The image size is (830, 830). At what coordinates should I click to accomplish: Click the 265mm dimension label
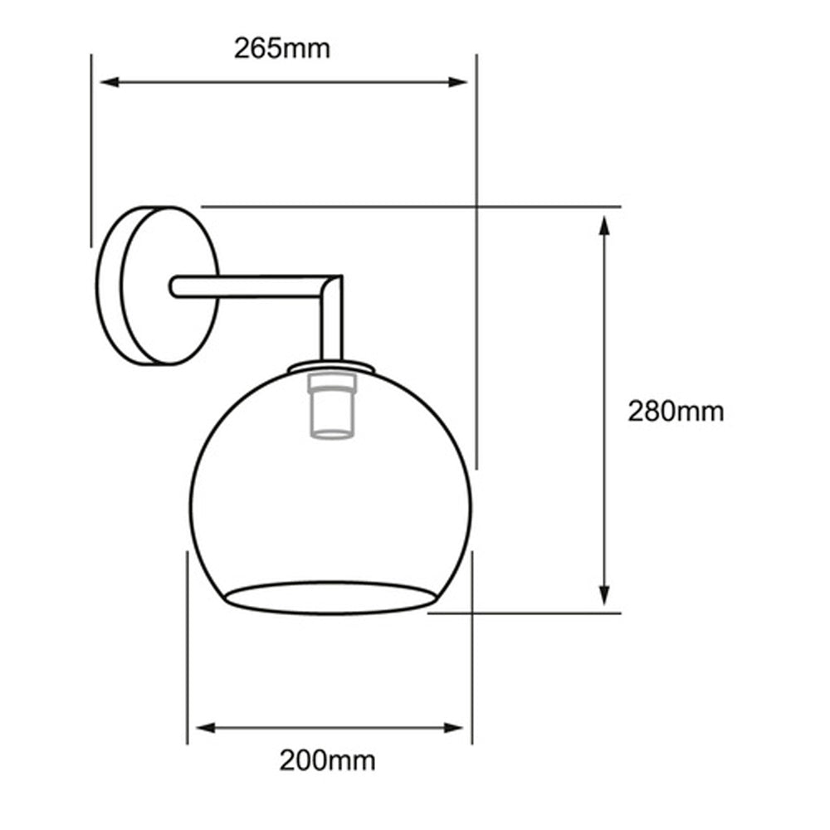281,49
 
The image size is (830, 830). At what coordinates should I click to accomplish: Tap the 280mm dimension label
675,411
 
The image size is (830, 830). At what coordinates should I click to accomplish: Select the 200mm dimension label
327,759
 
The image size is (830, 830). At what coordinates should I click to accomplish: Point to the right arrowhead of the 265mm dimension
459,81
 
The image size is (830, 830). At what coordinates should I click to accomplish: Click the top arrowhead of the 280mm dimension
605,226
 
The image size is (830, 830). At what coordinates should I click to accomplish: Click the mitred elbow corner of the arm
332,287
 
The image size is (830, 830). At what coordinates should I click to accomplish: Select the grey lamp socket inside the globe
330,407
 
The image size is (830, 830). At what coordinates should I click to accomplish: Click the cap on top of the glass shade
330,366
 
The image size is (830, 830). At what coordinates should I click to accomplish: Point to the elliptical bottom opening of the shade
330,597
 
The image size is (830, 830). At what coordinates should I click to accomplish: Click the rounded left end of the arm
174,286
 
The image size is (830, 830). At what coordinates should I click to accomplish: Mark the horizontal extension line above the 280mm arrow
415,205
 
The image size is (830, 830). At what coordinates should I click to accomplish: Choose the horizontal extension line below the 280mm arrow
531,613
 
